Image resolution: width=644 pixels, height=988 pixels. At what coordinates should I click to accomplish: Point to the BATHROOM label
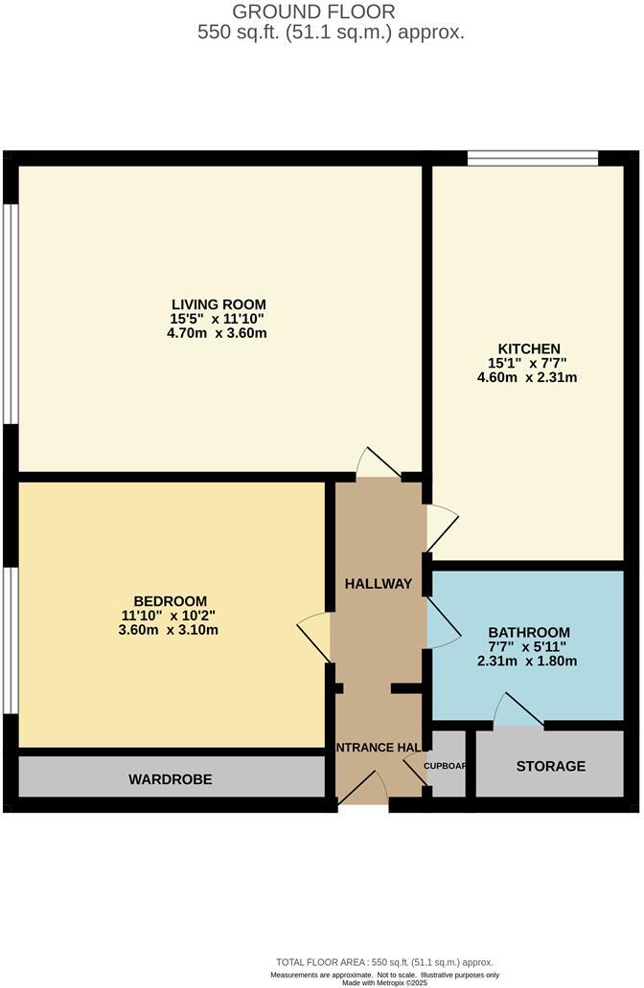[x=529, y=632]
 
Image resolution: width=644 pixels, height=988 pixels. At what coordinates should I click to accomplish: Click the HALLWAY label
[x=379, y=584]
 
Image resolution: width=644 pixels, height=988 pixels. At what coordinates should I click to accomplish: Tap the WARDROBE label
[x=171, y=779]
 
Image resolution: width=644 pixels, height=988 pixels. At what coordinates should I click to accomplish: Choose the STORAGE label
[x=551, y=766]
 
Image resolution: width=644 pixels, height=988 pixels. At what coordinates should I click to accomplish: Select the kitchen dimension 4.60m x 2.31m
[x=528, y=377]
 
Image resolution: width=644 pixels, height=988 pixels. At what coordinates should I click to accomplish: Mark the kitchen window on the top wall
[x=533, y=158]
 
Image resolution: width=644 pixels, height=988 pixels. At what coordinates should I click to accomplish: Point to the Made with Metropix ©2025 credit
[x=382, y=982]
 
